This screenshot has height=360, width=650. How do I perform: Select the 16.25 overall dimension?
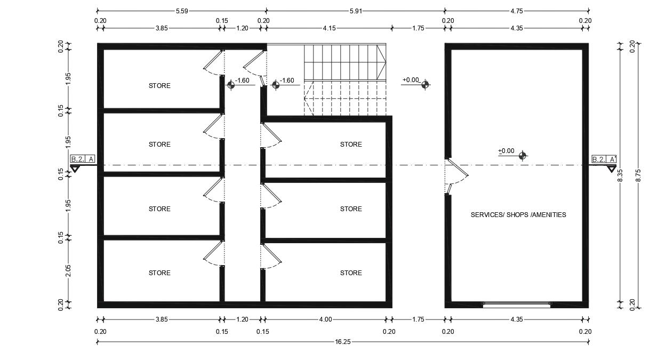(x=343, y=342)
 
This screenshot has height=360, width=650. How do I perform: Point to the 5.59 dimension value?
(x=182, y=11)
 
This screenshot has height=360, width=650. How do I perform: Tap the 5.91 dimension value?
(x=356, y=11)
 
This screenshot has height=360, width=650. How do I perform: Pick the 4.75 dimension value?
(x=517, y=11)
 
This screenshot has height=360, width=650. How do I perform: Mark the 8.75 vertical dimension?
(x=638, y=175)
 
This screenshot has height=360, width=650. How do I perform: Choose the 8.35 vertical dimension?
(x=620, y=175)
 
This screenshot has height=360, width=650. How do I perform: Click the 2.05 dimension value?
(x=68, y=271)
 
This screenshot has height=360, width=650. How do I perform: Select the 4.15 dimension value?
(x=329, y=28)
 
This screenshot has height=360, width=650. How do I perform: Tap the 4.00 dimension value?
(x=325, y=319)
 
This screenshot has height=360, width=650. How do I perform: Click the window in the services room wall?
(x=516, y=305)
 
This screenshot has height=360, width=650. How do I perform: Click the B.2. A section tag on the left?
(x=83, y=159)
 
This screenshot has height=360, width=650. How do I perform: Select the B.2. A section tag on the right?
(x=604, y=159)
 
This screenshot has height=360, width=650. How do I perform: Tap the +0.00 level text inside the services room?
(x=506, y=151)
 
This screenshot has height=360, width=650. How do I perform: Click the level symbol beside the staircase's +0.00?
(x=425, y=84)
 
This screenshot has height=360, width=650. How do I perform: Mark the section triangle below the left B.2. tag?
(x=75, y=169)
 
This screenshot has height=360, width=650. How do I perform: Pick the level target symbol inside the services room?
(x=523, y=156)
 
